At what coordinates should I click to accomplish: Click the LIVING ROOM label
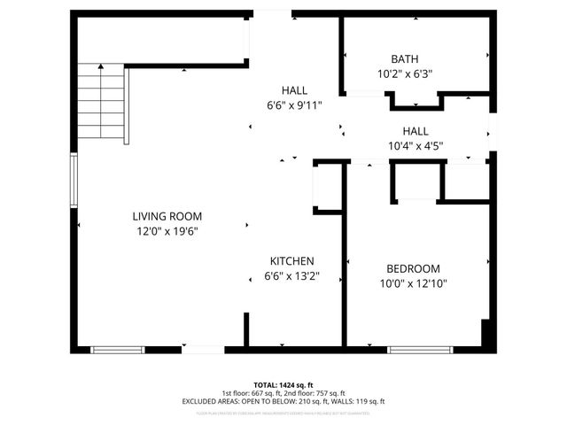point(167,216)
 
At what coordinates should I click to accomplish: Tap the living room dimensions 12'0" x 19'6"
point(167,232)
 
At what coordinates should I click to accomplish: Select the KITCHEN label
point(292,261)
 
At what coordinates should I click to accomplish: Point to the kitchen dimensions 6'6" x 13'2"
point(292,276)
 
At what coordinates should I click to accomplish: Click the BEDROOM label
point(413,269)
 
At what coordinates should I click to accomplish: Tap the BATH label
point(405,59)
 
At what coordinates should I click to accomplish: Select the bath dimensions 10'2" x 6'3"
point(405,74)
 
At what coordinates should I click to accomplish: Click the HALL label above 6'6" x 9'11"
point(294,90)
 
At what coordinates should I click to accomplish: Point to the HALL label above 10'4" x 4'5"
point(416,130)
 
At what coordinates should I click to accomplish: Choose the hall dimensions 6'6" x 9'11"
point(294,105)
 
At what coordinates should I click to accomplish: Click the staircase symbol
point(104,104)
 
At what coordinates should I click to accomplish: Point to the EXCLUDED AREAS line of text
point(283,402)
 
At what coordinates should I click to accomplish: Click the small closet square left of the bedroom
point(327,187)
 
